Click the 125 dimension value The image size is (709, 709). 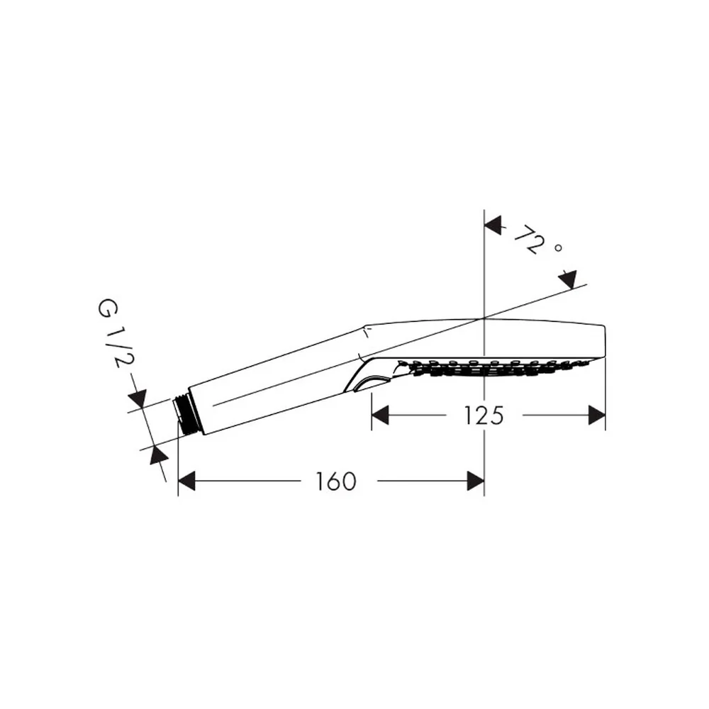[484, 415]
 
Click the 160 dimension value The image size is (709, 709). [335, 481]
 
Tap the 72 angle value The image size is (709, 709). [528, 239]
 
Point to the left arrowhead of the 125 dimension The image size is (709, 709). [380, 415]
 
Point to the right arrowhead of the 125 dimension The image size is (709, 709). [597, 415]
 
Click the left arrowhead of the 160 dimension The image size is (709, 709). [186, 481]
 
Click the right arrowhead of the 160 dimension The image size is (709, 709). [476, 481]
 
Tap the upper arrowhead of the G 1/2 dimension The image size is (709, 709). [138, 398]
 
